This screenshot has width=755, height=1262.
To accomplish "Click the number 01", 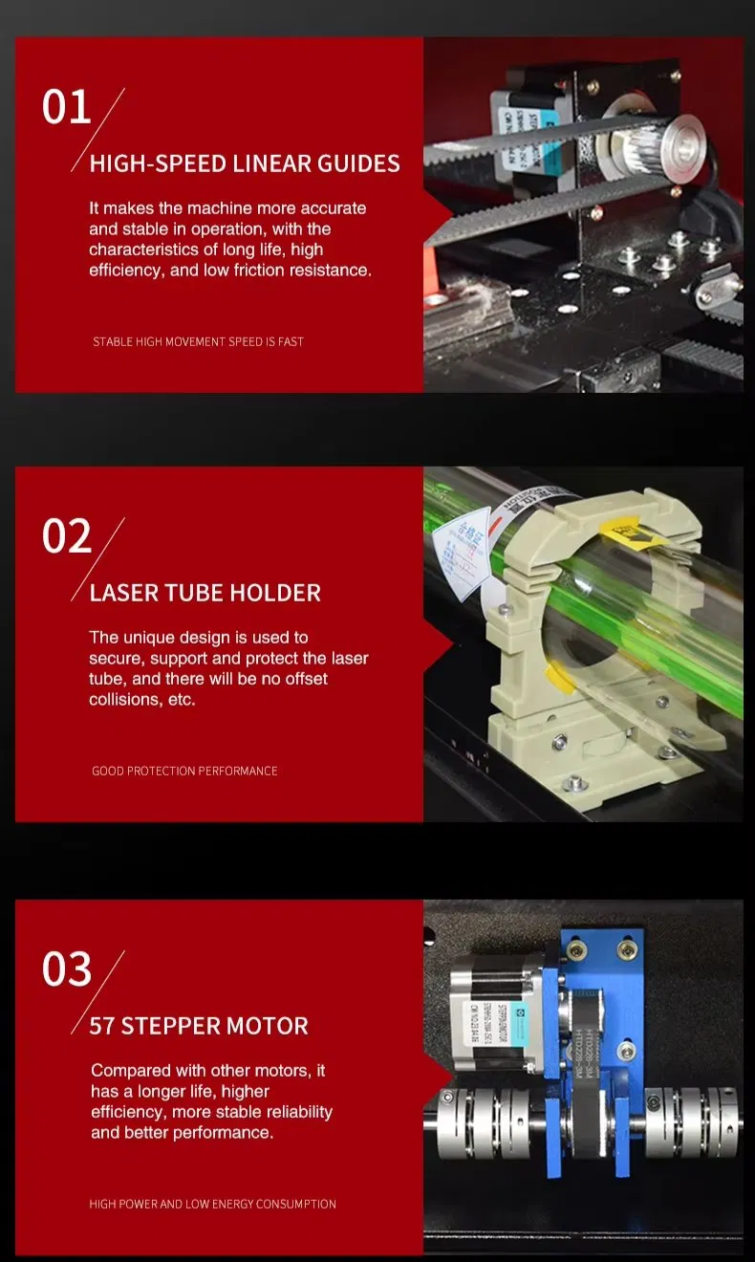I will coord(66,107).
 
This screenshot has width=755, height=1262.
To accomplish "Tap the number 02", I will coord(66,536).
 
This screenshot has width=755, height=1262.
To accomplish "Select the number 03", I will coord(66,969).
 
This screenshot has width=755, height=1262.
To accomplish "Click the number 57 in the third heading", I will coord(101,1027).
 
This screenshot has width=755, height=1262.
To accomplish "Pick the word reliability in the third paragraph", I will coord(288,1112).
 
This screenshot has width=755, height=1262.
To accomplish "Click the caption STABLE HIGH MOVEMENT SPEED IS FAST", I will coord(198,341).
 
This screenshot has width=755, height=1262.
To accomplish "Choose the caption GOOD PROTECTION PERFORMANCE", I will coord(184,771).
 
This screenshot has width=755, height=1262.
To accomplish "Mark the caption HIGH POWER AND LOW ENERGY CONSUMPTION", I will coord(212,1204).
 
